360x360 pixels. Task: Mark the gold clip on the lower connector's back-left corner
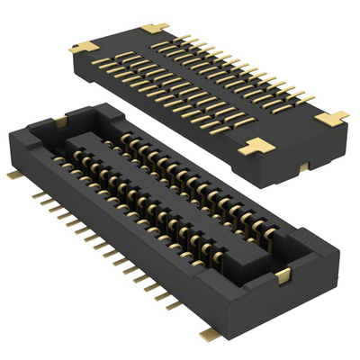61,116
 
